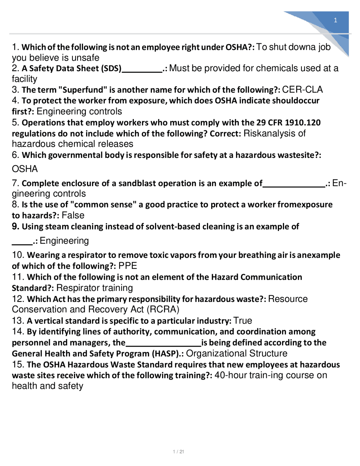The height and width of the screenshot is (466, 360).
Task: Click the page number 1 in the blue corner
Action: (335, 20)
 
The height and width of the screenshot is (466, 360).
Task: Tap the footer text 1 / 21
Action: (179, 452)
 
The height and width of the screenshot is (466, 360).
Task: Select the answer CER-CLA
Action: (302, 90)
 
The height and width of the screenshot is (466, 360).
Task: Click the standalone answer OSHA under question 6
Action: (25, 169)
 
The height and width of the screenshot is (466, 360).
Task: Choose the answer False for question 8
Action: (73, 216)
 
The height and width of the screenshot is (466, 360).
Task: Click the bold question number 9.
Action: (15, 227)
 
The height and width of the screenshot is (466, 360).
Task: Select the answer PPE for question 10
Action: (128, 266)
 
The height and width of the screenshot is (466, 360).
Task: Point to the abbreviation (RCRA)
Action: (163, 310)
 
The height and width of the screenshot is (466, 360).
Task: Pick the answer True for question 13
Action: (243, 321)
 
